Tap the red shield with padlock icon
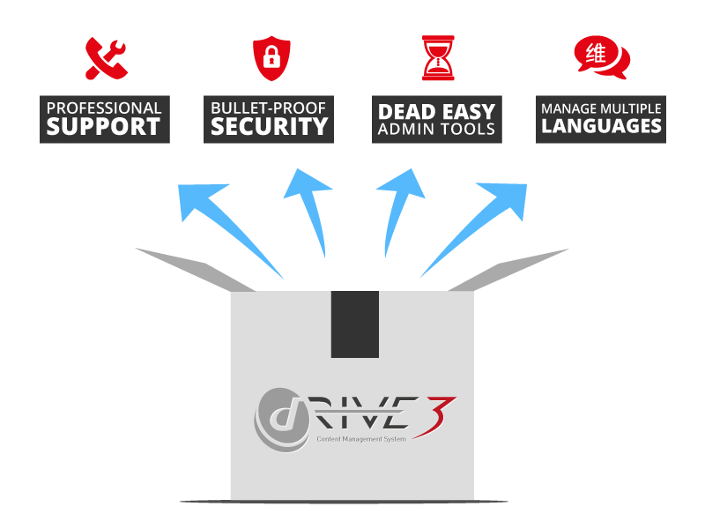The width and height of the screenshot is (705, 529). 270,58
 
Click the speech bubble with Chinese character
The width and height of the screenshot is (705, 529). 601,56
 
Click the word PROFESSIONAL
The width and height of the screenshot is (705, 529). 104,108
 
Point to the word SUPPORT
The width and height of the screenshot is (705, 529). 104,127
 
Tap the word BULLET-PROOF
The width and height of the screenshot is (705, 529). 269,108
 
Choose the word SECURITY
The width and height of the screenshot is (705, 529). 269,127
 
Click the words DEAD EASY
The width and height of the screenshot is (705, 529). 436,112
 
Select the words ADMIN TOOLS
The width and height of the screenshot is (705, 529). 436,130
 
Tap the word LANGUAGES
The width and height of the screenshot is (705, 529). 601,126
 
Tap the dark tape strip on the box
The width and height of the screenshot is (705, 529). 354,324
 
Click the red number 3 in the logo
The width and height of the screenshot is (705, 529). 445,414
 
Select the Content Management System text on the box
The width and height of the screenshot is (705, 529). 361,438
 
